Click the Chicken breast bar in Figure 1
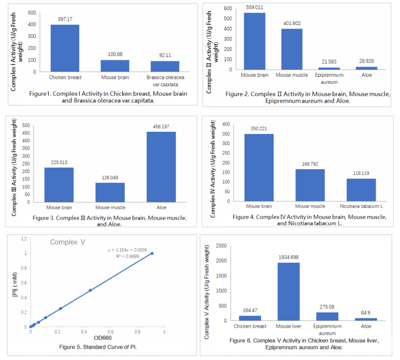click(x=65, y=48)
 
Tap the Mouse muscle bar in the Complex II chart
click(x=292, y=49)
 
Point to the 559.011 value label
click(x=255, y=7)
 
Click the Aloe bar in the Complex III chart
click(x=161, y=167)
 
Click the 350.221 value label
click(x=259, y=129)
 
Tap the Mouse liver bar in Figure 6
click(x=288, y=292)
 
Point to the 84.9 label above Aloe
click(x=366, y=313)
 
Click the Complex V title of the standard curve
click(x=67, y=242)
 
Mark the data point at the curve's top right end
click(x=152, y=253)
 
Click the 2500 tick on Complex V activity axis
click(x=220, y=245)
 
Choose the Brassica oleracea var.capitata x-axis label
click(x=166, y=80)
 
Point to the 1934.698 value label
click(x=288, y=257)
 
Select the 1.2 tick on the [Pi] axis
click(x=23, y=239)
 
